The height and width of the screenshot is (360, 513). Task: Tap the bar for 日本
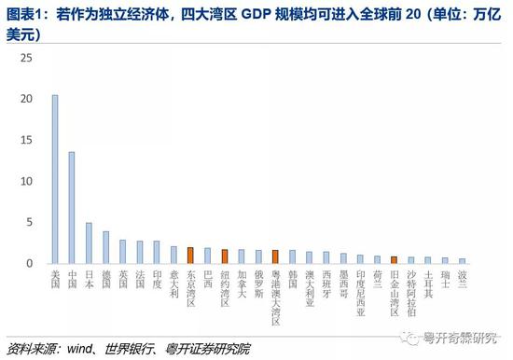click(x=89, y=243)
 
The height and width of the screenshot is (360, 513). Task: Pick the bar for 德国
click(x=105, y=248)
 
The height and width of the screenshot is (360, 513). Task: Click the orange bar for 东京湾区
click(x=190, y=256)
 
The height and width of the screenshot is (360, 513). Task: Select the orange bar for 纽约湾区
click(x=224, y=257)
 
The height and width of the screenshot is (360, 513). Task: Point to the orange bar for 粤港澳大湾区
click(x=275, y=257)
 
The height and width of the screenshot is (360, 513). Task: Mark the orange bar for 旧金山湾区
click(x=394, y=260)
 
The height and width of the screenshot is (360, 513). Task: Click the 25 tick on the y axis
click(x=27, y=58)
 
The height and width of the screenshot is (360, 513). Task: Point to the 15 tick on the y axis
click(x=27, y=140)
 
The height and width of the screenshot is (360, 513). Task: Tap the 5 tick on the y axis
click(x=30, y=223)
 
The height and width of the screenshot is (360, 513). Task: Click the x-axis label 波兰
click(x=462, y=278)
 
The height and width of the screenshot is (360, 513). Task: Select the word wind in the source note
click(x=76, y=350)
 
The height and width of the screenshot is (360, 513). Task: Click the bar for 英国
click(x=122, y=252)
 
